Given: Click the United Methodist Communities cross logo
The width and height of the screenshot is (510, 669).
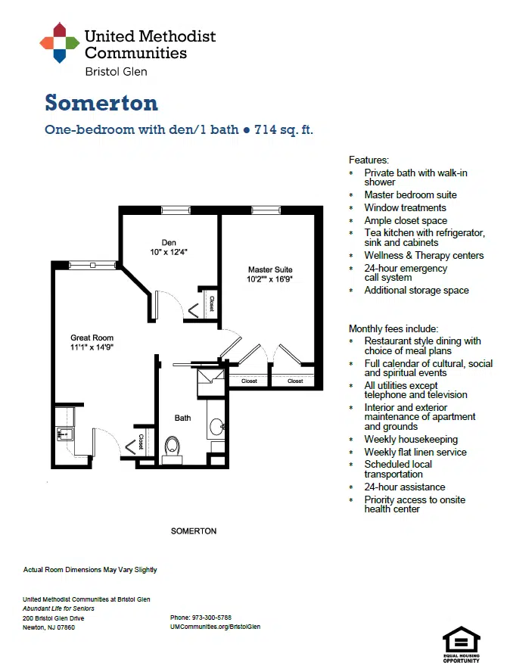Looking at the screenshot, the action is pyautogui.click(x=60, y=42).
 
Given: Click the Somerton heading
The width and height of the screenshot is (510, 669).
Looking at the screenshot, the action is pyautogui.click(x=101, y=103).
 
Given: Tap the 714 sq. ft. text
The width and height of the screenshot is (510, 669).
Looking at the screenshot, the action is pyautogui.click(x=284, y=129).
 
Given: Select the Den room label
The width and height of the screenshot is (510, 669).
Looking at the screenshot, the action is pyautogui.click(x=169, y=242).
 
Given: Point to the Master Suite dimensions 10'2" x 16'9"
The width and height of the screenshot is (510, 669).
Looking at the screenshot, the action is pyautogui.click(x=269, y=279).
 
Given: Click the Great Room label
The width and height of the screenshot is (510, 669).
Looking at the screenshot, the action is pyautogui.click(x=92, y=338).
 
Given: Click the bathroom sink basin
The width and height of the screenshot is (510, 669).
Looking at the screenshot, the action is pyautogui.click(x=216, y=427).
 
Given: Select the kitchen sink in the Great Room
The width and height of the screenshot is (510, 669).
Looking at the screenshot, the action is pyautogui.click(x=65, y=434).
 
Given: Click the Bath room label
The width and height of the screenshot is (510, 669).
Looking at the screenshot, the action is pyautogui.click(x=182, y=418).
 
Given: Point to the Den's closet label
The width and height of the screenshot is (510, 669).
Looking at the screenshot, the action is pyautogui.click(x=212, y=303).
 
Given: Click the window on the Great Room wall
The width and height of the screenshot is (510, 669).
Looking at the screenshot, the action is pyautogui.click(x=92, y=266).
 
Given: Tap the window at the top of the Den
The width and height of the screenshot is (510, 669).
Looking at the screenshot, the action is pyautogui.click(x=176, y=210).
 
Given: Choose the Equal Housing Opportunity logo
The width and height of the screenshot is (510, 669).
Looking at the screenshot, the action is pyautogui.click(x=462, y=644).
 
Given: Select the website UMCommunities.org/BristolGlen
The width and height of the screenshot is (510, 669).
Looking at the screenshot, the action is pyautogui.click(x=216, y=627).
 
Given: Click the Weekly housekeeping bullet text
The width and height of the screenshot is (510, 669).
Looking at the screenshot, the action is pyautogui.click(x=411, y=440).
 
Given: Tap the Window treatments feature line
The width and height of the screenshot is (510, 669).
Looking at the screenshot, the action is pyautogui.click(x=405, y=208).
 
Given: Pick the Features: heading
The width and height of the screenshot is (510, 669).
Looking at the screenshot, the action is pyautogui.click(x=369, y=160).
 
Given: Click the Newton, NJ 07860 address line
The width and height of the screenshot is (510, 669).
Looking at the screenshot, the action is pyautogui.click(x=48, y=627).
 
